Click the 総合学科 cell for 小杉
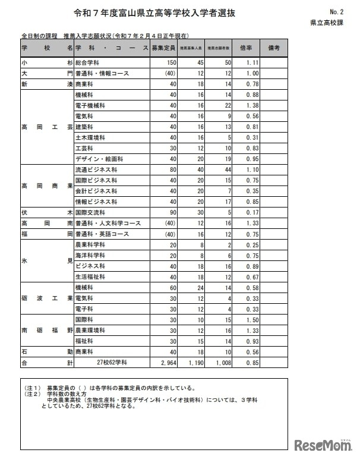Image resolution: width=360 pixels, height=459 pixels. click(x=89, y=62)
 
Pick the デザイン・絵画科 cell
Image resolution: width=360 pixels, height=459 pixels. click(x=99, y=159)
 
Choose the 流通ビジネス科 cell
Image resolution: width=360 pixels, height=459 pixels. click(x=96, y=170)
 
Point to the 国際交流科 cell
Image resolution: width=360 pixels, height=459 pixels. click(x=90, y=212)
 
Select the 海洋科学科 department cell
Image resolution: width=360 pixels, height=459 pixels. click(x=90, y=256)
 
